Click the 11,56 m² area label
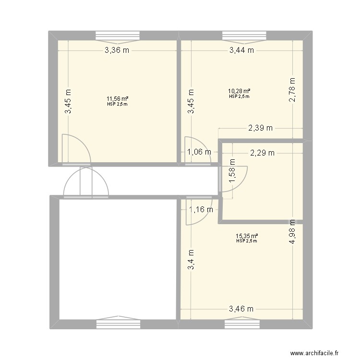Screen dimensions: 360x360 point(117,99)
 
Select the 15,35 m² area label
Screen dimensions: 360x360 point(247,236)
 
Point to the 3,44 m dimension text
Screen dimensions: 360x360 point(241,50)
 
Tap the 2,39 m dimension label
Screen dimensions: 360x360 point(260,128)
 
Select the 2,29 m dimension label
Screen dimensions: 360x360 point(262,153)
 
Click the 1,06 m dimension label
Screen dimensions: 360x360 point(199,153)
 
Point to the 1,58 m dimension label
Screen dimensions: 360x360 point(232,175)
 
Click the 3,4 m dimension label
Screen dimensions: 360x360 point(191,259)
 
